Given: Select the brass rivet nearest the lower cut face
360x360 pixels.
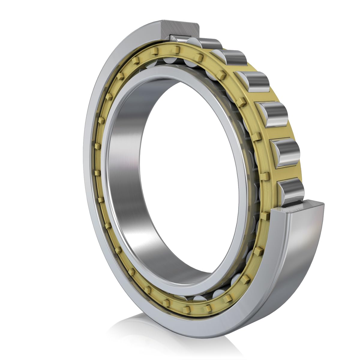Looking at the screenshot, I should pyautogui.click(x=264, y=215).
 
